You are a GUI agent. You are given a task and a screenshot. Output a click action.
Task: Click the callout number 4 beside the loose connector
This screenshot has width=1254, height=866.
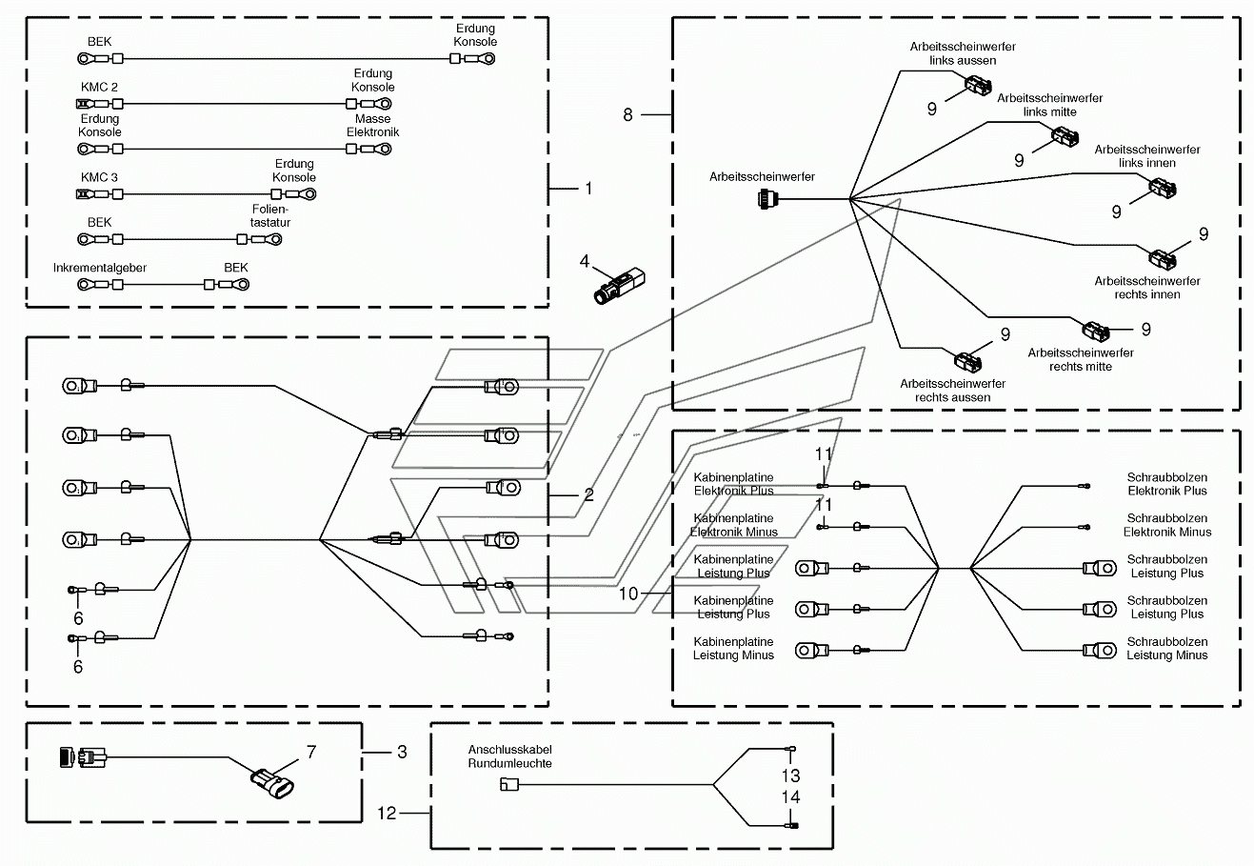click(x=585, y=261)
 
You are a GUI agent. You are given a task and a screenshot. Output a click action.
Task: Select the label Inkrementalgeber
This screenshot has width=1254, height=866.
click(x=100, y=268)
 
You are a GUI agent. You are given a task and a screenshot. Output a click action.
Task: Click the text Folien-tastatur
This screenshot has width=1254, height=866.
click(x=269, y=215)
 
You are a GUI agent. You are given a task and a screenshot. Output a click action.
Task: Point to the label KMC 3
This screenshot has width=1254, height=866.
click(x=99, y=177)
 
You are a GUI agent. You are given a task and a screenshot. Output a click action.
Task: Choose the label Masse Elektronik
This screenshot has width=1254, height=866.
click(x=373, y=126)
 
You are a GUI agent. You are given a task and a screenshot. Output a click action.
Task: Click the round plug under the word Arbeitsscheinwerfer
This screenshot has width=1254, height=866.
click(x=766, y=199)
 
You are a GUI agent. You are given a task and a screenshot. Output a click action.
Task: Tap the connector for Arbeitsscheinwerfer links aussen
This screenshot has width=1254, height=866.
click(x=978, y=87)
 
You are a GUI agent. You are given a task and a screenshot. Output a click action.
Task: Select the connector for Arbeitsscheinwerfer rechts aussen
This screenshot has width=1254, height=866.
click(x=968, y=361)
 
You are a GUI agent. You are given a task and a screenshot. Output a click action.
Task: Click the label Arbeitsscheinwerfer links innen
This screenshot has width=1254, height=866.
click(x=1147, y=156)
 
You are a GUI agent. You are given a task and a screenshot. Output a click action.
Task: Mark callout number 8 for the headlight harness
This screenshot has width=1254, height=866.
click(x=627, y=115)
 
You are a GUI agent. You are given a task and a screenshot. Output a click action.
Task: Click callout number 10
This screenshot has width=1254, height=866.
click(x=628, y=594)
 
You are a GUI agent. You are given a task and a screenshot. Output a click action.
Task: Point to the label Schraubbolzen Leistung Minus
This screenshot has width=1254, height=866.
click(x=1166, y=648)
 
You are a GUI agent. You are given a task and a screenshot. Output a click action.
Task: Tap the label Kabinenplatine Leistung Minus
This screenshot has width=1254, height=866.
click(x=733, y=648)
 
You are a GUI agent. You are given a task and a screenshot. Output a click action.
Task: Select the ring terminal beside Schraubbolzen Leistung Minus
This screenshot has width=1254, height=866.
click(x=1100, y=651)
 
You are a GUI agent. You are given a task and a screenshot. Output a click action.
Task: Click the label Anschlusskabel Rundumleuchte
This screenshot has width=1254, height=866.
click(x=510, y=756)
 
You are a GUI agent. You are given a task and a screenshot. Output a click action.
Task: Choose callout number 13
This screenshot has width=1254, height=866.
click(x=790, y=775)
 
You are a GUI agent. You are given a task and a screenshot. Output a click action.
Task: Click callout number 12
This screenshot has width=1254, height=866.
click(x=387, y=813)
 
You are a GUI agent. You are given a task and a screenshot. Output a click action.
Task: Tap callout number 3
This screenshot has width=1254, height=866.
click(x=402, y=752)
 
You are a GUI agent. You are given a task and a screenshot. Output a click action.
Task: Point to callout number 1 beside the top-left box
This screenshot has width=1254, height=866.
click(x=588, y=189)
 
